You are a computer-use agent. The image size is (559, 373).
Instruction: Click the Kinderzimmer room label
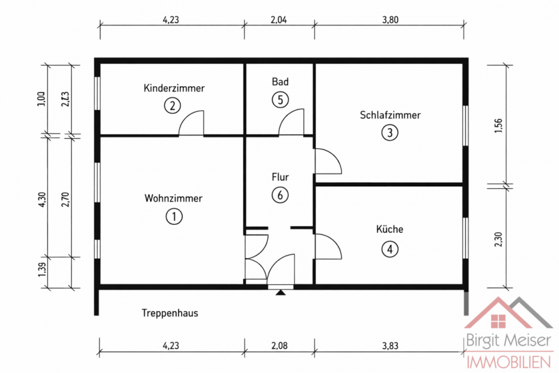(x=174, y=88)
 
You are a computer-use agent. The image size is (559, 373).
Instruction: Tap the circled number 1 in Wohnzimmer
(x=174, y=216)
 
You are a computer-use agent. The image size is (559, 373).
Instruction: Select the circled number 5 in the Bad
(x=279, y=100)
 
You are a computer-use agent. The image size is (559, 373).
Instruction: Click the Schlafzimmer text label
(x=389, y=115)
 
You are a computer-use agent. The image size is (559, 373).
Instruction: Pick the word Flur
(x=279, y=177)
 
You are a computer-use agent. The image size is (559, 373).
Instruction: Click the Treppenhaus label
(x=170, y=313)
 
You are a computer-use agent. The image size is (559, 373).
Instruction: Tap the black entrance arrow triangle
(x=280, y=293)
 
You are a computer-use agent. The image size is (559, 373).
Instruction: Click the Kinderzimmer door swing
(x=192, y=123)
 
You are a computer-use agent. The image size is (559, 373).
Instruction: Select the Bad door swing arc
(x=292, y=123)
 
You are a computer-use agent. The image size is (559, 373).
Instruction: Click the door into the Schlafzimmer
(x=328, y=162)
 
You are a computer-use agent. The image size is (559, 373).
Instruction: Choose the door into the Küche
(x=328, y=247)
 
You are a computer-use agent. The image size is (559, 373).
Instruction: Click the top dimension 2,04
(x=279, y=19)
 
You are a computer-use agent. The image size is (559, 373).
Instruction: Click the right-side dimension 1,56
(x=498, y=125)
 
